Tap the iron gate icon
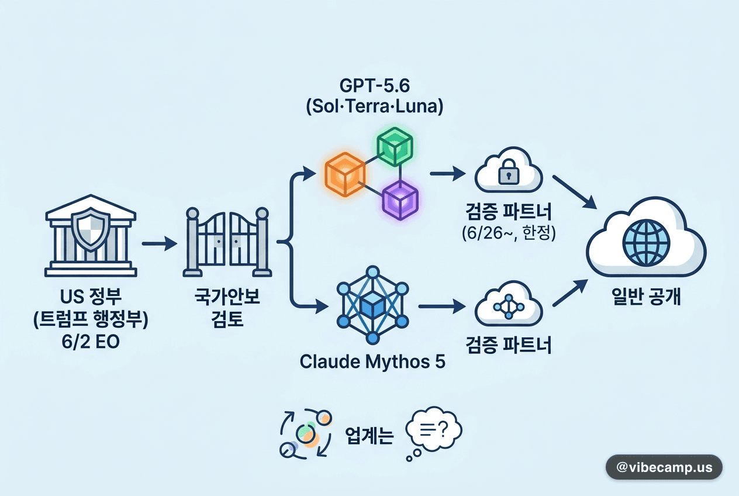coord(227,242)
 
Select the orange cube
coord(345,174)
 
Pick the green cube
coord(395,146)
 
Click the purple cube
coord(400,200)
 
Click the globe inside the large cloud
coord(646,243)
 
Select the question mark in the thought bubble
coord(444,428)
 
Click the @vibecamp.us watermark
coord(664,467)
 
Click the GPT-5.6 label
coord(374,85)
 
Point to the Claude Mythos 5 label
coord(372,361)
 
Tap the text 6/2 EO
coord(91,342)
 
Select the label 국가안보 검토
coord(227,308)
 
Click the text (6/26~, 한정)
coord(509,233)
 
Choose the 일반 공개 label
coord(646,296)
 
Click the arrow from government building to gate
coord(160,243)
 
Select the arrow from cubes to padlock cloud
coord(448,174)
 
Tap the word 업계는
coord(369,436)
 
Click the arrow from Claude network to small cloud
coord(442,306)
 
